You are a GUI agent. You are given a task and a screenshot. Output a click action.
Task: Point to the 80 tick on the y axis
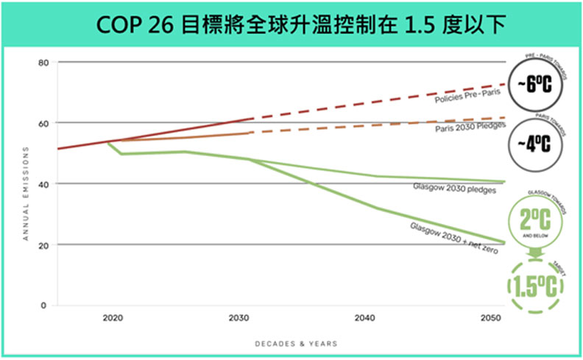tap(43, 63)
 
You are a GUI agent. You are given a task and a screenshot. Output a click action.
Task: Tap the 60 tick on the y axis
tap(43, 123)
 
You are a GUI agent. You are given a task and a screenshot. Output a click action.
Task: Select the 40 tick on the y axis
tap(43, 184)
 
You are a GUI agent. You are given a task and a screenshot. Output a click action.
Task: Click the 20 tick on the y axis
tap(43, 245)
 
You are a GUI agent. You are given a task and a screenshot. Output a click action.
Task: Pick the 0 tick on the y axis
tap(44, 305)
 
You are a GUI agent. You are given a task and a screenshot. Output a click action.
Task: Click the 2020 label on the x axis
tap(113, 320)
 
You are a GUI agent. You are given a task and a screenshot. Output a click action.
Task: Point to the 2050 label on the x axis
tap(489, 320)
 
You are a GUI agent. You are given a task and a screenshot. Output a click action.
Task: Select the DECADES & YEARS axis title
tap(296, 344)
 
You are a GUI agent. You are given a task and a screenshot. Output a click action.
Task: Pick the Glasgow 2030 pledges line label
tap(454, 188)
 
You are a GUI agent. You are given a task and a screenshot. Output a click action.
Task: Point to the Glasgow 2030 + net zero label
tap(453, 238)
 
